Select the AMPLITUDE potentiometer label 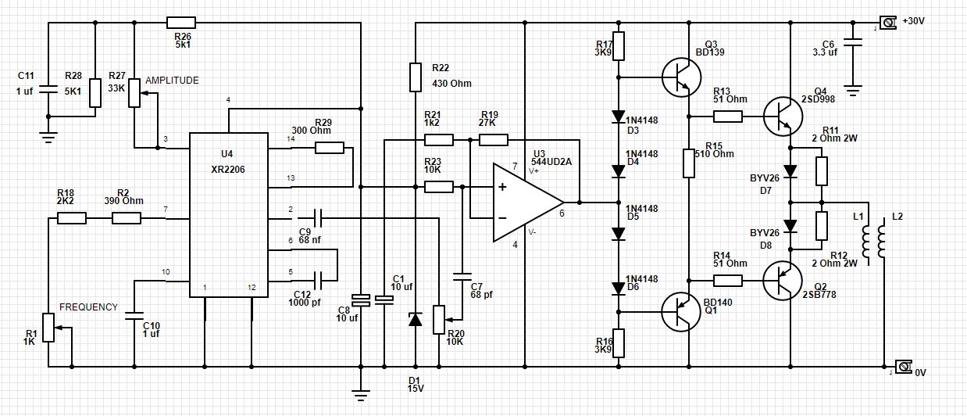click(x=172, y=81)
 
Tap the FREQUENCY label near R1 click(x=88, y=307)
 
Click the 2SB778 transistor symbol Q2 click(x=781, y=282)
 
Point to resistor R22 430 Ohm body click(x=416, y=77)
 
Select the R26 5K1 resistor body click(x=181, y=23)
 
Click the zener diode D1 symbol click(x=416, y=319)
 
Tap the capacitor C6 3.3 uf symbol click(x=853, y=46)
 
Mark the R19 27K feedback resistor click(x=493, y=140)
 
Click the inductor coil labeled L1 click(x=865, y=242)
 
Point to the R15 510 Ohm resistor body click(x=689, y=163)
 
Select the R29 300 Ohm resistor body click(x=330, y=148)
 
